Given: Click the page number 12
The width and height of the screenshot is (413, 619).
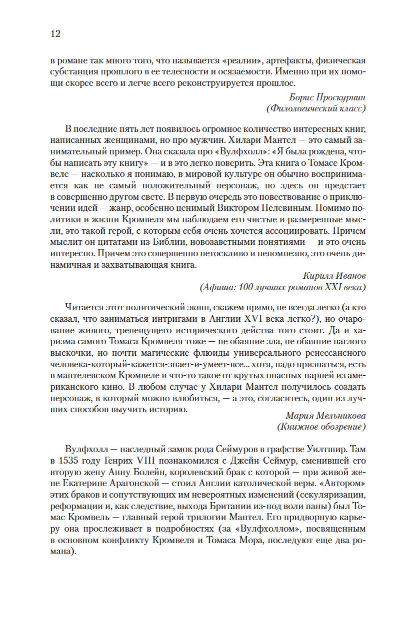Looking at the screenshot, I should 55,34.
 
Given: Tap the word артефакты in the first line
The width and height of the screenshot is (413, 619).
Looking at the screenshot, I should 288,61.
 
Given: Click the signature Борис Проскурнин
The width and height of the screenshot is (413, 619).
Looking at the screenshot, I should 327,97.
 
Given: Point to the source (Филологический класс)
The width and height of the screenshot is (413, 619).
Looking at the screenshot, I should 316,109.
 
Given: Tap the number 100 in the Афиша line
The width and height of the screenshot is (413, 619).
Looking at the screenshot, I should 246,287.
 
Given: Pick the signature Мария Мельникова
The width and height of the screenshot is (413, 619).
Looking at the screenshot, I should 326,416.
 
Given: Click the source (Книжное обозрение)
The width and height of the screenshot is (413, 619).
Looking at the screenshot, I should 321,427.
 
